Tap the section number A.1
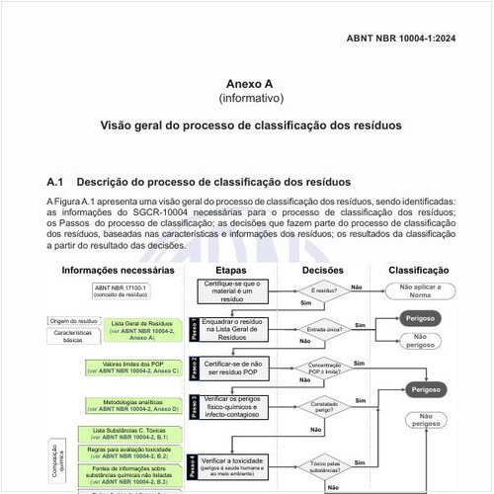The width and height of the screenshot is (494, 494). click(55, 183)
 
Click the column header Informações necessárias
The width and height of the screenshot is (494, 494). click(119, 270)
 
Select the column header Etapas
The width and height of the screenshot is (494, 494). click(237, 270)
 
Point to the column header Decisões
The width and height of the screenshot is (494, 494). click(322, 270)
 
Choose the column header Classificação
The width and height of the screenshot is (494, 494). click(425, 270)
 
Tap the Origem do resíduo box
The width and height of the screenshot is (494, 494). click(73, 320)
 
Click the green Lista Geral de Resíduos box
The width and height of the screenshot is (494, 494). click(142, 330)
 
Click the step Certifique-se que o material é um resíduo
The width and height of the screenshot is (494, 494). click(238, 289)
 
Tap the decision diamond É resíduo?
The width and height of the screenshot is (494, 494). click(323, 290)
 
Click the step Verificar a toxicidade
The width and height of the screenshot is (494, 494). click(238, 464)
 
